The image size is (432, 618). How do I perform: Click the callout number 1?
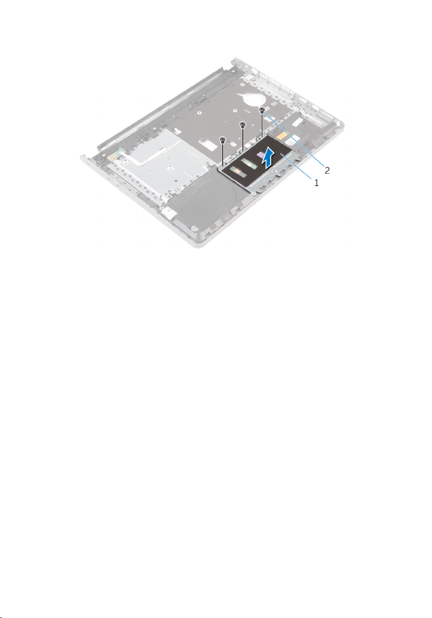[x=317, y=182]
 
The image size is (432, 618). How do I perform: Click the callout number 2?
[x=327, y=171]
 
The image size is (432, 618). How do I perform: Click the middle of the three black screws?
[x=243, y=125]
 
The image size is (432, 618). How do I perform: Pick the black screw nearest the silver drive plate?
[x=223, y=139]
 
